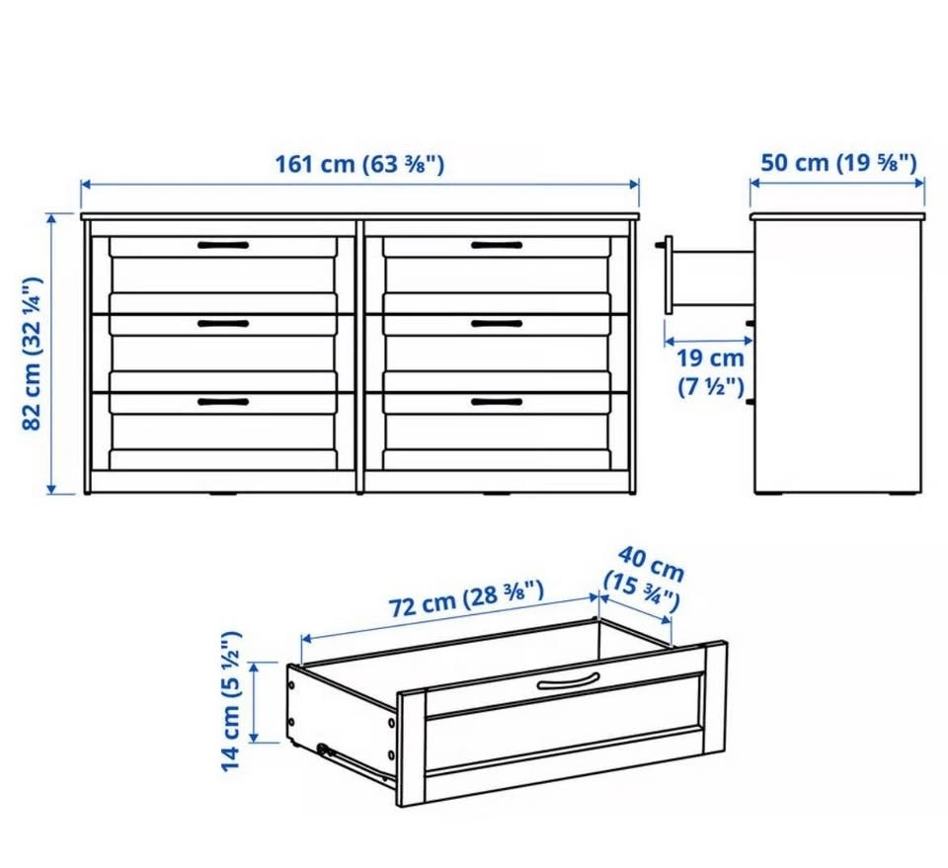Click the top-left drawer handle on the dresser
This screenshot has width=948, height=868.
tap(223, 246)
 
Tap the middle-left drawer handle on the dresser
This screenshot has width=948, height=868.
tap(223, 324)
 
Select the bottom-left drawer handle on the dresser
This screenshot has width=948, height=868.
tap(223, 402)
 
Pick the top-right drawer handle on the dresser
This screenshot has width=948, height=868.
tap(497, 246)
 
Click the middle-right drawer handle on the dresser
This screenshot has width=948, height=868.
tap(497, 324)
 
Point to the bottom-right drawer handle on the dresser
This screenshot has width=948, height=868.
tap(497, 402)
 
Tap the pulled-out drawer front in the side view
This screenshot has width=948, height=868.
tap(669, 276)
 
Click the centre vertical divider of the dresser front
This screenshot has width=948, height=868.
tap(359, 356)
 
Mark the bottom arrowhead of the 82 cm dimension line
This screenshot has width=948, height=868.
tap(51, 489)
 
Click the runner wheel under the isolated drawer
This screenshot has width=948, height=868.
tap(324, 750)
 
